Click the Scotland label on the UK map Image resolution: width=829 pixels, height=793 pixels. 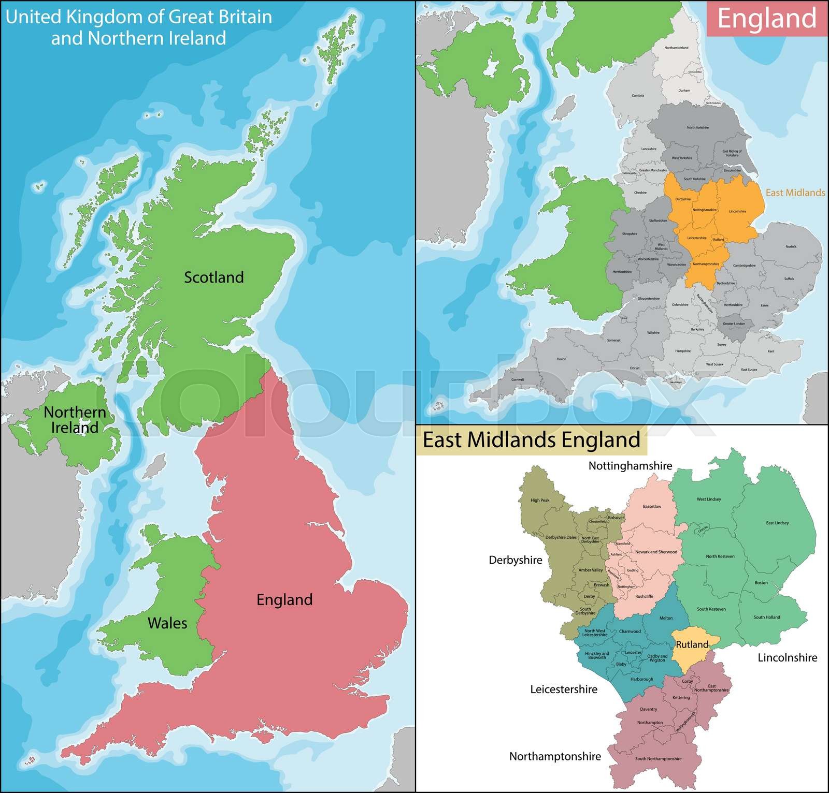214,277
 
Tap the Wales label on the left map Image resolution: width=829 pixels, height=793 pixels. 167,623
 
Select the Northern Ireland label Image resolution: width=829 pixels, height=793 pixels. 75,420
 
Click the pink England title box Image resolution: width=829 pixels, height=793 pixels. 767,19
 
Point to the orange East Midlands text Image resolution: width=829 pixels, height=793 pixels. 795,193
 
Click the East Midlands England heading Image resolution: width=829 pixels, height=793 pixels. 532,440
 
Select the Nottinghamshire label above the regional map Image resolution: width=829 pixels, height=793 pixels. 630,466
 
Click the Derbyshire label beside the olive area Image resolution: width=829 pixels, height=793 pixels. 516,560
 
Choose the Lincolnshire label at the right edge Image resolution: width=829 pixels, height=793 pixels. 787,658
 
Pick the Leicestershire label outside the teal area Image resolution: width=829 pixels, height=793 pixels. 564,689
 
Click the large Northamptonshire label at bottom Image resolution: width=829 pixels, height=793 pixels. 555,757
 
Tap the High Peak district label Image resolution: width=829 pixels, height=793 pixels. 540,500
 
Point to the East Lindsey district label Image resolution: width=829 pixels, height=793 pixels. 777,523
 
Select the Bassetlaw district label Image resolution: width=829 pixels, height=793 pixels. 652,506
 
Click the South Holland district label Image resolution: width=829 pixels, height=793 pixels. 767,617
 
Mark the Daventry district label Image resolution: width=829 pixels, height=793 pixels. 648,709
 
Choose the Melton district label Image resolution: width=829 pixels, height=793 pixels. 666,618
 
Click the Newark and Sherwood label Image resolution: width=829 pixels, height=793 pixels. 656,552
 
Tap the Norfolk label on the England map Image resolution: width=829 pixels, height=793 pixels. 791,246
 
